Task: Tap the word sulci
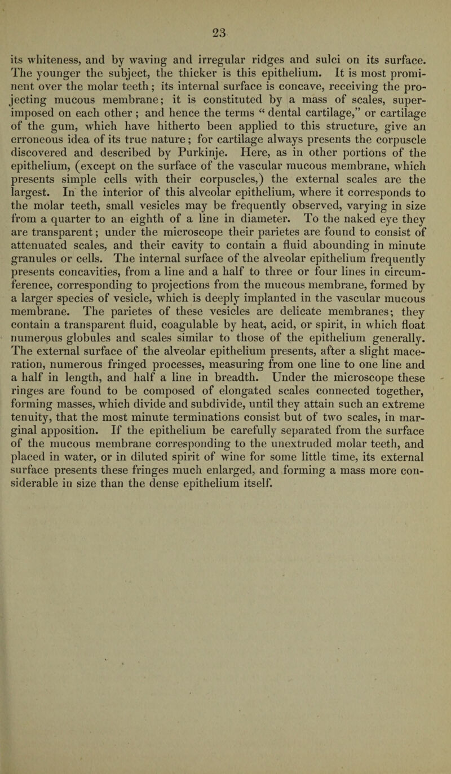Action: coord(309,56)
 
